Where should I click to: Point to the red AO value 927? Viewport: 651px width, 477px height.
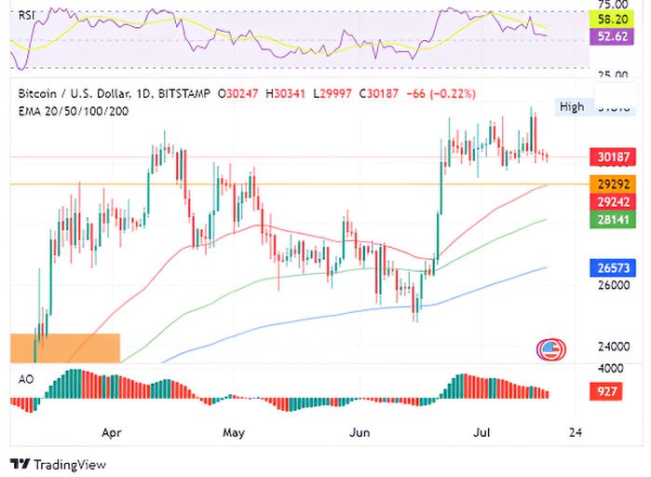(x=607, y=391)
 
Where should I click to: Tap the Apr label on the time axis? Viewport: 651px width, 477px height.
(x=113, y=433)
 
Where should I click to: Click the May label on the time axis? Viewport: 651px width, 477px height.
(x=234, y=433)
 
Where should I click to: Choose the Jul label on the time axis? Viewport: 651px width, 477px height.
(x=481, y=433)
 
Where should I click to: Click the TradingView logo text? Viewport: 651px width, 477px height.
(x=58, y=464)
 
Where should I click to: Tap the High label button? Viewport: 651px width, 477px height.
(x=572, y=106)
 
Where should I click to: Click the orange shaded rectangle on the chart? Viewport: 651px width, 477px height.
(x=65, y=348)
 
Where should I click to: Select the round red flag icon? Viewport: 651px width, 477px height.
(x=550, y=350)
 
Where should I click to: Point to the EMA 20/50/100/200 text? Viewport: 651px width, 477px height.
(x=73, y=111)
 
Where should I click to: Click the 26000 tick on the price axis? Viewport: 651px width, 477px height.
(x=614, y=286)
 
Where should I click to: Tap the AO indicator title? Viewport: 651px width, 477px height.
(x=26, y=378)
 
